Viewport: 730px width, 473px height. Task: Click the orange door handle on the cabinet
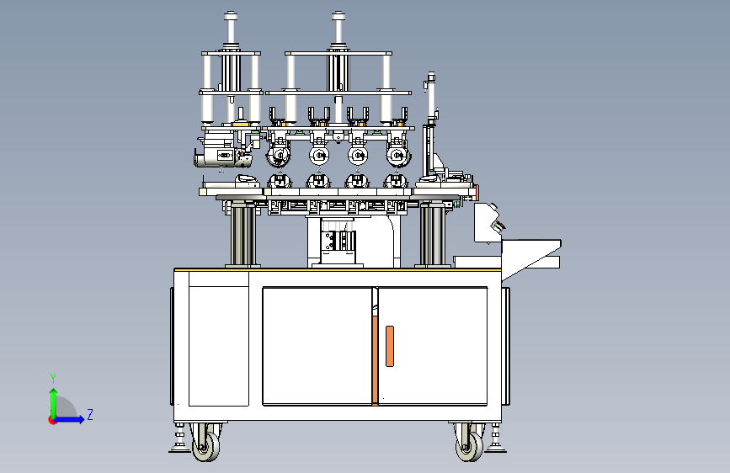(x=390, y=346)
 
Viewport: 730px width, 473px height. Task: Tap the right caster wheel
(x=469, y=447)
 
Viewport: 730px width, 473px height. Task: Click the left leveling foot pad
(x=179, y=449)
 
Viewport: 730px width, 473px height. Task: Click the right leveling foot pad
(x=495, y=449)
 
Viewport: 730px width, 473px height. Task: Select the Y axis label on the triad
(x=53, y=378)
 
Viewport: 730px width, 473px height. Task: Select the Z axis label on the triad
(x=90, y=414)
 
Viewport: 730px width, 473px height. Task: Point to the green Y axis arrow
(x=54, y=404)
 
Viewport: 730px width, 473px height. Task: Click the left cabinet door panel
(x=317, y=346)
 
